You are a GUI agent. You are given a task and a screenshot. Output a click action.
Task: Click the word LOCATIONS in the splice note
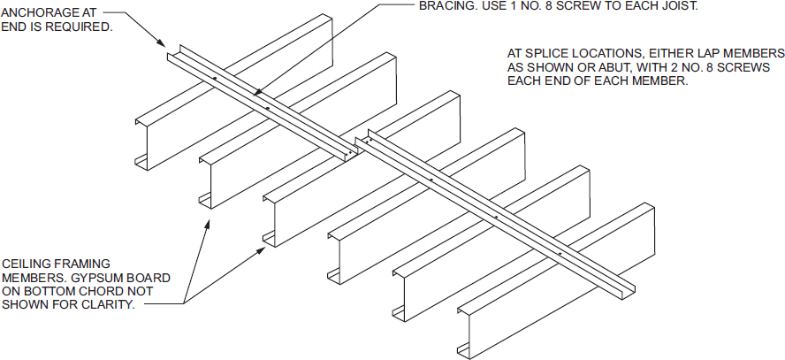point(602,54)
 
